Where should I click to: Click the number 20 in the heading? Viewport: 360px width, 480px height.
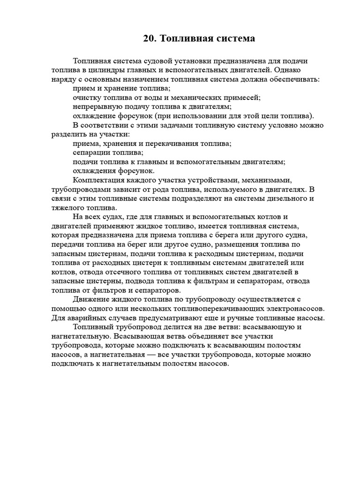coord(150,38)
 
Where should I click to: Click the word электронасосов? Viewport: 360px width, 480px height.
coord(283,309)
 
